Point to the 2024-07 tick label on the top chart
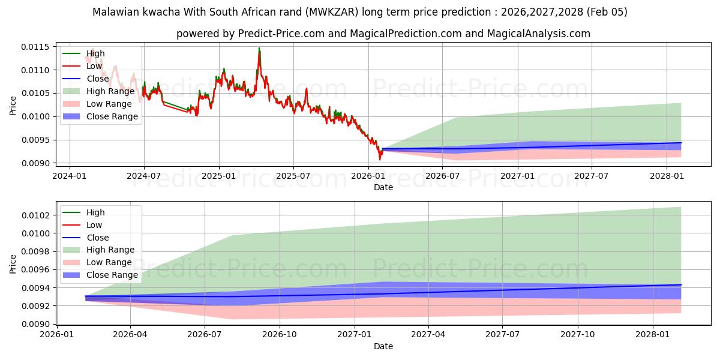coord(144,176)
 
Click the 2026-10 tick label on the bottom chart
coord(280,335)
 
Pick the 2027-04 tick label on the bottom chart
coord(428,335)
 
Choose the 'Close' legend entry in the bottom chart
coord(98,238)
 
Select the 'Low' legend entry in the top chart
coord(94,66)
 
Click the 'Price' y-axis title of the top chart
coord(13,105)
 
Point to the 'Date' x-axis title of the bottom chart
coord(383,346)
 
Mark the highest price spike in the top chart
coord(259,48)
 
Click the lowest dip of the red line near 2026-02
coord(379,160)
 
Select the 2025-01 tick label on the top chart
coord(219,176)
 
